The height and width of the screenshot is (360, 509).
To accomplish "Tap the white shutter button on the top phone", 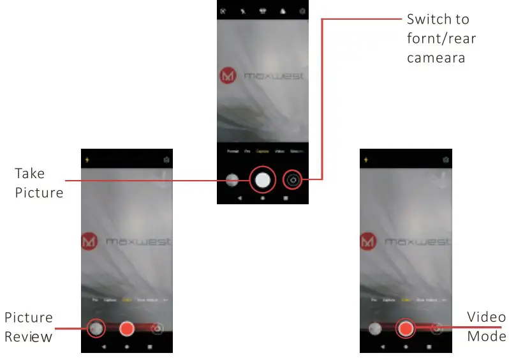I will (x=262, y=180).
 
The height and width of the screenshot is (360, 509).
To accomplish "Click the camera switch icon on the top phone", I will (x=293, y=180).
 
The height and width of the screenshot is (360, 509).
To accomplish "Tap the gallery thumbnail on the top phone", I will (x=232, y=180).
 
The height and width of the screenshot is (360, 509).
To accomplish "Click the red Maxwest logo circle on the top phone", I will (x=228, y=76).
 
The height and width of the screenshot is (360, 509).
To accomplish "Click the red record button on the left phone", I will (x=126, y=328).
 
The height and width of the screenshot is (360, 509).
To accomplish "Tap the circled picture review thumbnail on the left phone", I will (x=96, y=328).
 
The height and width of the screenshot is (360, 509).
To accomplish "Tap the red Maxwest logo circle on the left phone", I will (x=90, y=242).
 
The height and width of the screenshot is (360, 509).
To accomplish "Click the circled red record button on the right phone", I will (x=406, y=328).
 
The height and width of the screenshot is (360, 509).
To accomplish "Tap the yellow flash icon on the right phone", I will (x=365, y=159).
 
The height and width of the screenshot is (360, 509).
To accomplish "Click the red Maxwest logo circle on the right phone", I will (x=368, y=242).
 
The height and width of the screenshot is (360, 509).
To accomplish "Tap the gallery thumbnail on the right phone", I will (x=375, y=328).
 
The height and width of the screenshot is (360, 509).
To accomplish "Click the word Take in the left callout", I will (x=30, y=174).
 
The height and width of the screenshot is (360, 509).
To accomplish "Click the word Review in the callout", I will (x=28, y=336).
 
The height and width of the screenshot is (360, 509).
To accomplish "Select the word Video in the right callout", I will (x=486, y=317).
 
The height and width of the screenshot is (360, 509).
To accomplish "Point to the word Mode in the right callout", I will (x=486, y=336).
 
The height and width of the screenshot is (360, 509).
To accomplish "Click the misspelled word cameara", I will (x=437, y=57).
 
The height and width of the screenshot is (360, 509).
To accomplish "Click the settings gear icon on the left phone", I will (x=166, y=159).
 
